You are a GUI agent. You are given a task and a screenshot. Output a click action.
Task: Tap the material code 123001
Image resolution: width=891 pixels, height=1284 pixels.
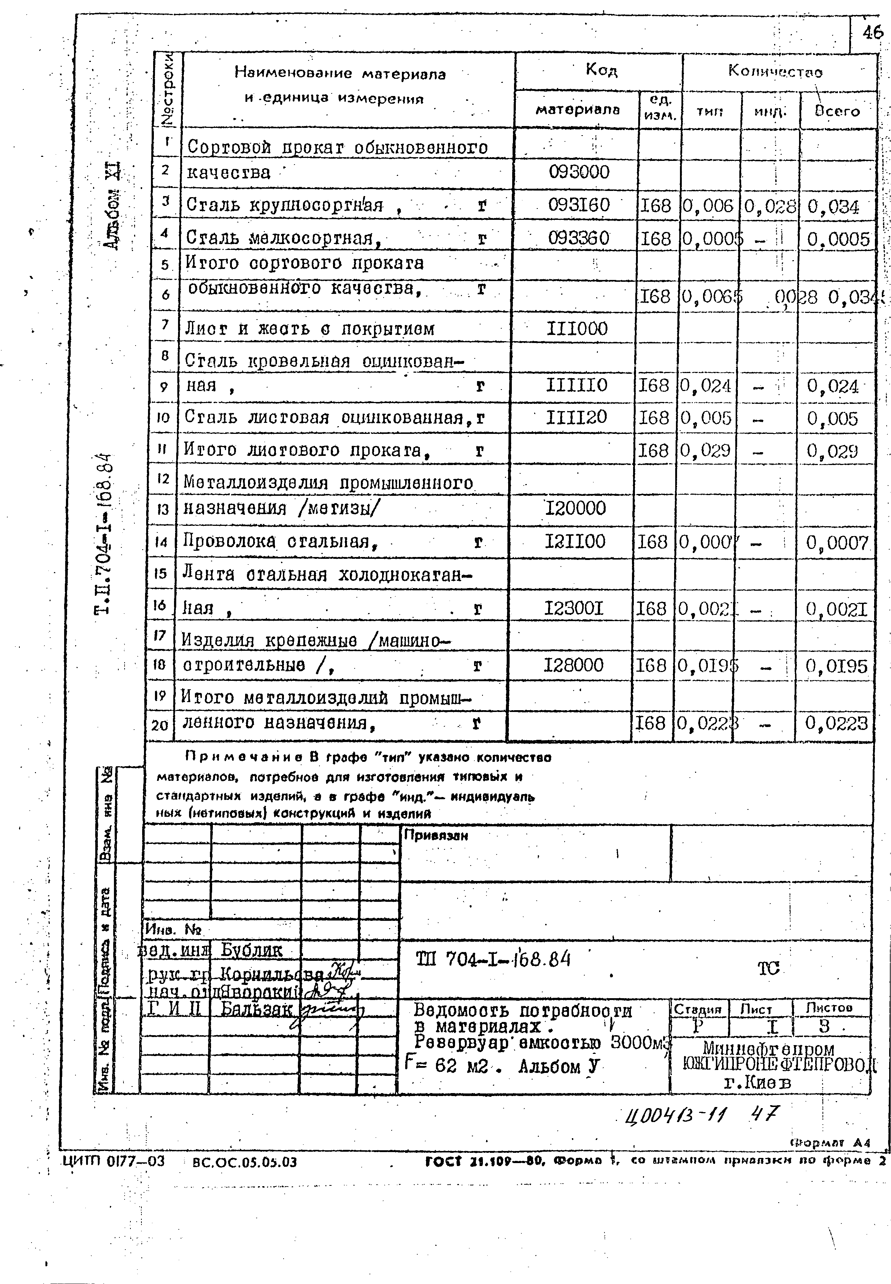click(x=574, y=608)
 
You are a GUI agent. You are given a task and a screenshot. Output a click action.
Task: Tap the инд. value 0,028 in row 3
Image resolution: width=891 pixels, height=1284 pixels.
click(x=770, y=207)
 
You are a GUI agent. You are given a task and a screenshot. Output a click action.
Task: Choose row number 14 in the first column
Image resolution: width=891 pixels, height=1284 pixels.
click(x=161, y=541)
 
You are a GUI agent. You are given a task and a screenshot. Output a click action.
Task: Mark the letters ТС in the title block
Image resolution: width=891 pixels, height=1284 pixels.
click(x=768, y=968)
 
